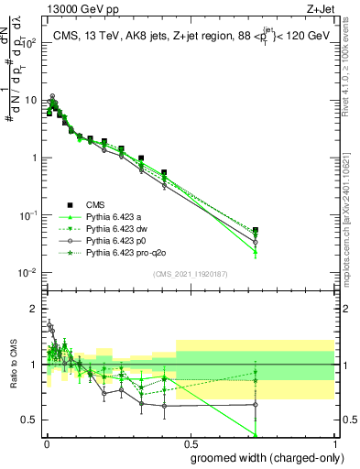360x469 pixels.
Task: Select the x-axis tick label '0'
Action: [x=45, y=443]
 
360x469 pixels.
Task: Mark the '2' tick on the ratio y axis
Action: [x=34, y=309]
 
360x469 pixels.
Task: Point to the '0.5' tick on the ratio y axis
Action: [x=29, y=420]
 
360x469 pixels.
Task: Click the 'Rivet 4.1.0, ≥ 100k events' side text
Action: [x=352, y=73]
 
